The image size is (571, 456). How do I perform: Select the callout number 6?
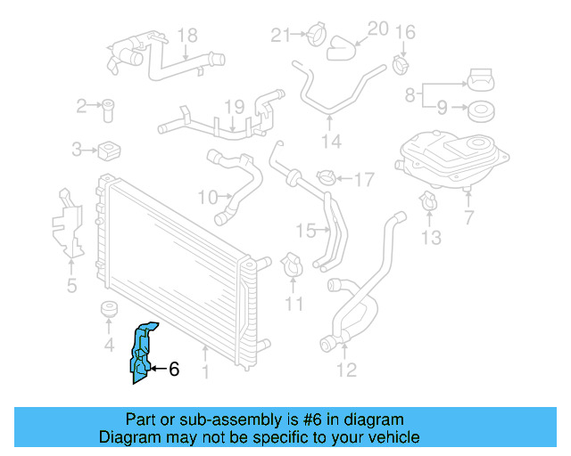pyautogui.click(x=174, y=369)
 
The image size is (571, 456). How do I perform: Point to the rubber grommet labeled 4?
pyautogui.click(x=109, y=311)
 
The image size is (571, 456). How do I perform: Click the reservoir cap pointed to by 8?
pyautogui.click(x=481, y=81)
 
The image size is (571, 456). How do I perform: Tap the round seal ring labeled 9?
pyautogui.click(x=483, y=111)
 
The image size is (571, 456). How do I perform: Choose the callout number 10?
pyautogui.click(x=207, y=196)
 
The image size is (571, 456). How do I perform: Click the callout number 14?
pyautogui.click(x=331, y=141)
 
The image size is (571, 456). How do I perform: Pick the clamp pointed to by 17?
pyautogui.click(x=326, y=179)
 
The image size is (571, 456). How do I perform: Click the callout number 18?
pyautogui.click(x=186, y=36)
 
